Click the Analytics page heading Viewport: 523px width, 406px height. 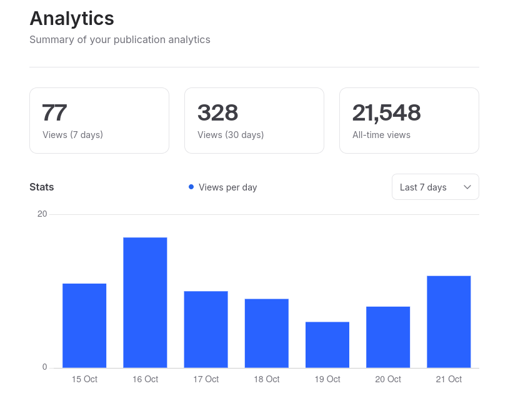point(72,19)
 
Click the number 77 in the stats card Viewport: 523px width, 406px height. point(54,113)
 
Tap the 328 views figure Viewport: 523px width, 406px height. point(217,113)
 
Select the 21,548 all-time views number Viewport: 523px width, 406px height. point(386,113)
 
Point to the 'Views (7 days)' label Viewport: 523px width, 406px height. point(72,135)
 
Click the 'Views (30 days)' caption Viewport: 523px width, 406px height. point(231,135)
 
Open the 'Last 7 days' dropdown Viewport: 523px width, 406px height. point(435,187)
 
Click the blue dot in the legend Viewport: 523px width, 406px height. point(191,187)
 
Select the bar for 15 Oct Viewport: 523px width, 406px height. point(84,325)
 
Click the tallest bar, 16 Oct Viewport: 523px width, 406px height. point(145,302)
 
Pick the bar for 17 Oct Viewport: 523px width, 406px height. point(206,329)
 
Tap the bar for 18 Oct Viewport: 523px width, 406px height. point(266,333)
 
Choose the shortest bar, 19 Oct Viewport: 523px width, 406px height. point(327,345)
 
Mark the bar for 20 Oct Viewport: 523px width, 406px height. point(388,337)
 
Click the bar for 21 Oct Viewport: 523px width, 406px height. point(449,322)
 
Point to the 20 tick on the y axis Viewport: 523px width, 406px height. point(42,214)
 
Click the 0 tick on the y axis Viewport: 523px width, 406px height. point(44,367)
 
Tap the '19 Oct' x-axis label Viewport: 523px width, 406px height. point(327,379)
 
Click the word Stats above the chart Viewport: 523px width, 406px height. point(42,187)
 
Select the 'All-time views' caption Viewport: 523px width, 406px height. point(381,135)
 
